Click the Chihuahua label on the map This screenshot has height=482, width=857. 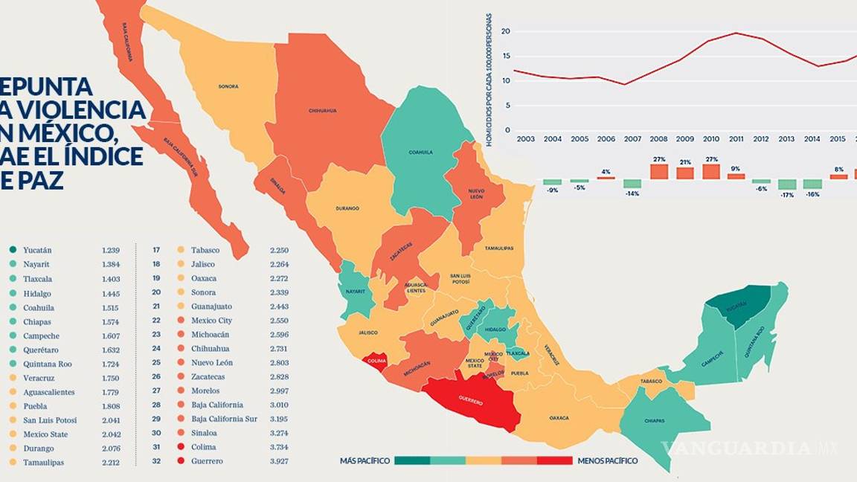coord(322,111)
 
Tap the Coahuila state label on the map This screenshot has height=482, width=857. coord(420,152)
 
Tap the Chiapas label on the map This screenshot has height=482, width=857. coord(655,421)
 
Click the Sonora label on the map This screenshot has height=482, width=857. coord(228,86)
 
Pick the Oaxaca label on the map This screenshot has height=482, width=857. coord(559,418)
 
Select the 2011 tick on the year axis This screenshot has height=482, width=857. coord(736,139)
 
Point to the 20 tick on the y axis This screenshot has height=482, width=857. coord(505,31)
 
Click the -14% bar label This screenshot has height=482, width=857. coord(632,194)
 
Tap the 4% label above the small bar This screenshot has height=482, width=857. coord(606,172)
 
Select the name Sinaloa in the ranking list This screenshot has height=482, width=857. coord(204,433)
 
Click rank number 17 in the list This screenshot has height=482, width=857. coord(157,250)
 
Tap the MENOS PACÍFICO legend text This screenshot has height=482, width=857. coord(607,461)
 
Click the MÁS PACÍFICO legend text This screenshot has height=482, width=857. coord(365,461)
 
